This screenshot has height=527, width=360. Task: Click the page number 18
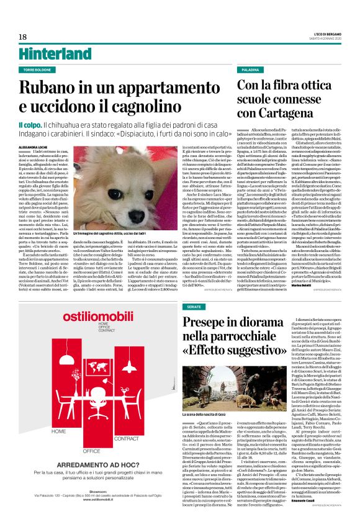coord(23,37)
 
